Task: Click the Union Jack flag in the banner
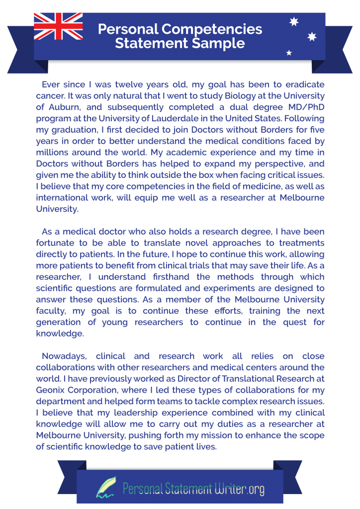coord(58,26)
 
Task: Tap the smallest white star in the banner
coord(289,53)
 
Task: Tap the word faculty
coord(52,311)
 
